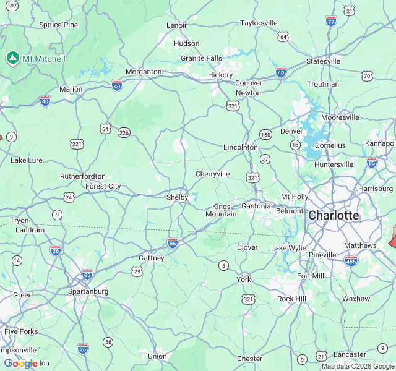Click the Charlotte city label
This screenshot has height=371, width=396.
click(333, 216)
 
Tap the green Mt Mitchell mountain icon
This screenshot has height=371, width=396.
click(12, 58)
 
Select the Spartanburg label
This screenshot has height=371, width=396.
click(88, 291)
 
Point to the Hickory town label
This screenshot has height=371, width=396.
click(220, 75)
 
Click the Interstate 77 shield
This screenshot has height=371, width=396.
click(331, 20)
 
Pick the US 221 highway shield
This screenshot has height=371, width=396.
click(77, 144)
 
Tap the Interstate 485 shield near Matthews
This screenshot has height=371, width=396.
click(351, 260)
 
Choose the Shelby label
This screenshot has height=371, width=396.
click(177, 197)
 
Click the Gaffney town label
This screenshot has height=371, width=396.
click(151, 258)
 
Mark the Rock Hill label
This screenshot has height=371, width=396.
click(291, 299)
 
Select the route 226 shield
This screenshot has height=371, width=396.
click(124, 132)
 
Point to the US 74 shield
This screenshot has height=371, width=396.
click(69, 197)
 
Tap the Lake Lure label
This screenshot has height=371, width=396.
click(27, 160)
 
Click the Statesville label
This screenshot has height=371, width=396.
click(323, 61)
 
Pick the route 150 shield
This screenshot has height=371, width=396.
click(265, 135)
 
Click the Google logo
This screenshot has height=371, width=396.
click(20, 364)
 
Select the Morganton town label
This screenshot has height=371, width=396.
click(144, 72)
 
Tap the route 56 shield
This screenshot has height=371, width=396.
click(108, 342)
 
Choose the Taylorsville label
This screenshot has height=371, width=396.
click(259, 23)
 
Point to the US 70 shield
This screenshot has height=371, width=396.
click(368, 76)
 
